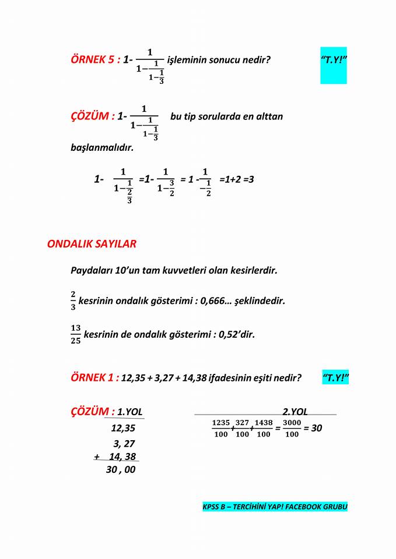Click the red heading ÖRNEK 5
pyautogui.click(x=95, y=59)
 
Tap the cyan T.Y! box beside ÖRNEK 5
pyautogui.click(x=334, y=60)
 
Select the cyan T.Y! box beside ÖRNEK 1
pyautogui.click(x=335, y=378)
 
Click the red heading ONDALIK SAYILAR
pyautogui.click(x=92, y=244)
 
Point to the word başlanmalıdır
pyautogui.click(x=102, y=147)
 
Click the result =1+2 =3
pyautogui.click(x=236, y=179)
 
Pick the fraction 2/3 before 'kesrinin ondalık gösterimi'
pyautogui.click(x=73, y=302)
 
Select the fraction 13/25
pyautogui.click(x=76, y=335)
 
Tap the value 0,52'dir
pyautogui.click(x=237, y=335)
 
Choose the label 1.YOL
pyautogui.click(x=129, y=412)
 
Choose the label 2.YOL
pyautogui.click(x=295, y=412)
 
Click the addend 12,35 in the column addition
pyautogui.click(x=123, y=429)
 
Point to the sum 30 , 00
pyautogui.click(x=121, y=469)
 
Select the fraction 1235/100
pyautogui.click(x=221, y=429)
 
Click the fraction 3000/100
pyautogui.click(x=292, y=429)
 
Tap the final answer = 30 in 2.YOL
pyautogui.click(x=313, y=429)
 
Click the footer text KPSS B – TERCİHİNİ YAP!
pyautogui.click(x=275, y=507)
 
